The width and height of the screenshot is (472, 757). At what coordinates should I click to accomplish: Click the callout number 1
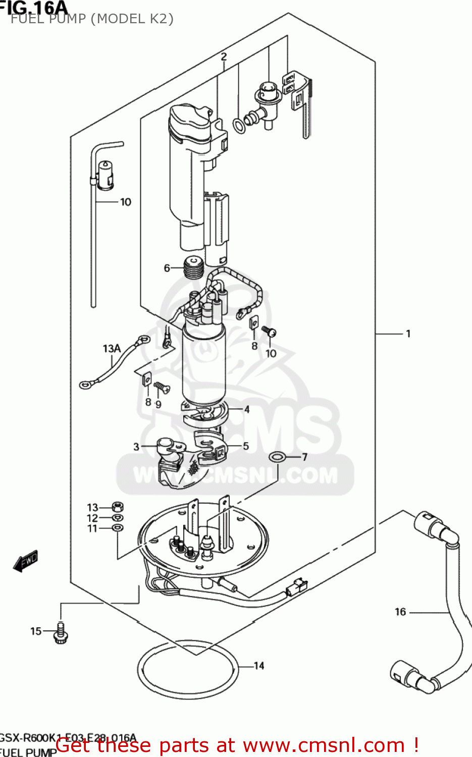click(x=408, y=334)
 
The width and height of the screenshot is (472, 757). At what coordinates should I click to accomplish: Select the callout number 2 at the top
click(x=224, y=57)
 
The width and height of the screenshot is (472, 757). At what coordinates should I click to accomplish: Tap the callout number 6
click(x=167, y=268)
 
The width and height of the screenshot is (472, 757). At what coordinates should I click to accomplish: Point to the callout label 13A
click(x=112, y=348)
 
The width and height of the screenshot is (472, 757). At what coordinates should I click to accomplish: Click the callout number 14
click(x=259, y=666)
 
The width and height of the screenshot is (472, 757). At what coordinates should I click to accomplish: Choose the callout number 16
click(x=400, y=612)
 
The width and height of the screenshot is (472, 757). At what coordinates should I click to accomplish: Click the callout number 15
click(x=36, y=631)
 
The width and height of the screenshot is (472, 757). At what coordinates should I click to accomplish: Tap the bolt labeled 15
click(x=61, y=633)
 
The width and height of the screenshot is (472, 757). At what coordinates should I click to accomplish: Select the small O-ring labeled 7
click(x=277, y=457)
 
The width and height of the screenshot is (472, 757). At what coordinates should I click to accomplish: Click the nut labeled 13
click(x=117, y=507)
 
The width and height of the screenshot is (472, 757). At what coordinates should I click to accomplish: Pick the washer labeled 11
click(x=117, y=528)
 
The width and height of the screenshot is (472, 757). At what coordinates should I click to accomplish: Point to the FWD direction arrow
click(x=25, y=561)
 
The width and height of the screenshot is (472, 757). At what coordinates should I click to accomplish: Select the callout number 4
click(x=247, y=409)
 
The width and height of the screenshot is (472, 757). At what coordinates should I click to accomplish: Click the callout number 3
click(x=136, y=447)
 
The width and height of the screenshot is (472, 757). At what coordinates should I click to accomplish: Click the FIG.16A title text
click(x=34, y=8)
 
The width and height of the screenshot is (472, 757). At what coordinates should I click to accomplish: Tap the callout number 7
click(x=304, y=457)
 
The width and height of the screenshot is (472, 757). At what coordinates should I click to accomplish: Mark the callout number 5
click(x=246, y=446)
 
